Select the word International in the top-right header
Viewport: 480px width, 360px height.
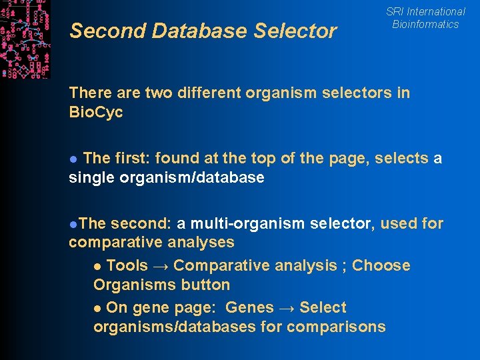pyautogui.click(x=435, y=11)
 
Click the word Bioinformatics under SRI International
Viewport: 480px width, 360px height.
pyautogui.click(x=425, y=24)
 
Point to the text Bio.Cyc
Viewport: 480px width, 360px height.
pyautogui.click(x=96, y=112)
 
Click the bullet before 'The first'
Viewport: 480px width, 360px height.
pyautogui.click(x=74, y=159)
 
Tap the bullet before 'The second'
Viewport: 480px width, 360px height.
pyautogui.click(x=72, y=224)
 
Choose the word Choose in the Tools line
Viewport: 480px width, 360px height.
pyautogui.click(x=381, y=265)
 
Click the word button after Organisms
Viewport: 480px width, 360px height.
pyautogui.click(x=208, y=285)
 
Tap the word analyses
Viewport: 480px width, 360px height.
pyautogui.click(x=201, y=242)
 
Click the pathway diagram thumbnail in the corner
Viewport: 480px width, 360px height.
pyautogui.click(x=25, y=39)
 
